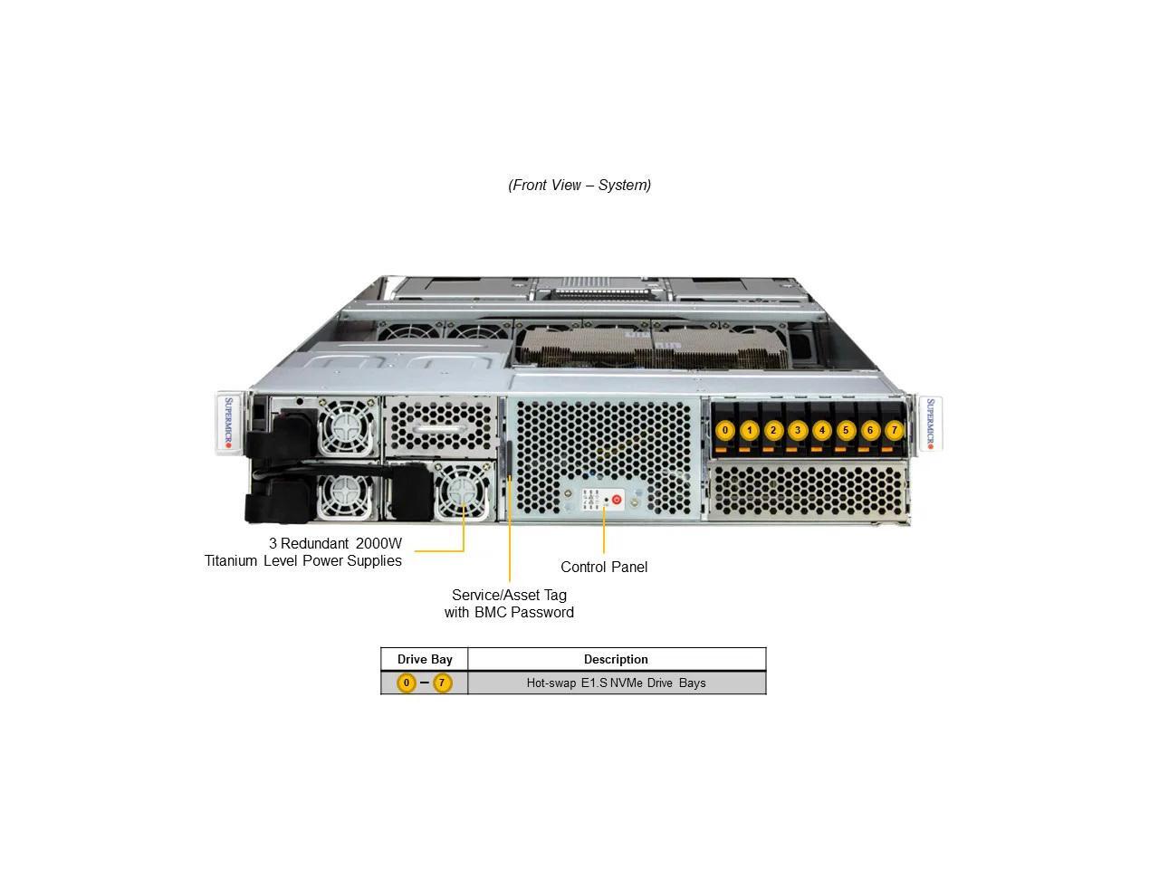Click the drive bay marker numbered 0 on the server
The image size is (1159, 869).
coord(724,430)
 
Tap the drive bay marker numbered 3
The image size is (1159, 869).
coord(797,430)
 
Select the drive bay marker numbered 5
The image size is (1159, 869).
coord(846,430)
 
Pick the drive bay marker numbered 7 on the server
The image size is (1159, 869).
coord(894,430)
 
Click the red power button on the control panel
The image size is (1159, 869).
coord(617,499)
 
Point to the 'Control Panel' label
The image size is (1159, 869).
coord(604,567)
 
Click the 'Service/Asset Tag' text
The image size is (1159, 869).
coord(509,595)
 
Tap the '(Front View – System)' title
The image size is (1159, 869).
coord(579,185)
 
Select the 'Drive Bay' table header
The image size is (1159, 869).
coord(425,659)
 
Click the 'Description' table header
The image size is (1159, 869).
coord(616,659)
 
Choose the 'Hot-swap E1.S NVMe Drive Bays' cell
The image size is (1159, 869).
coord(616,683)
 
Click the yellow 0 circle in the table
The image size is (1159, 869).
coord(407,683)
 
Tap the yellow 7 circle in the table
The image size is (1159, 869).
coord(442,683)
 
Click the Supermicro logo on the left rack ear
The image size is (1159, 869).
coord(228,423)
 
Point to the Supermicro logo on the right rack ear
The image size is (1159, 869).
coord(929,423)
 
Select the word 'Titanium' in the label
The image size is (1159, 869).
coord(231,560)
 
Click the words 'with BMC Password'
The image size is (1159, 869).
coord(509,612)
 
